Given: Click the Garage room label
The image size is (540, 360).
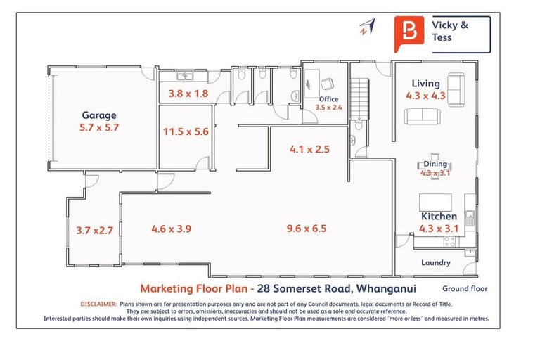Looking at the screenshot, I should pyautogui.click(x=99, y=115).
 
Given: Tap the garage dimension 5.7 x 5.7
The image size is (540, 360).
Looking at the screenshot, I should pyautogui.click(x=99, y=129).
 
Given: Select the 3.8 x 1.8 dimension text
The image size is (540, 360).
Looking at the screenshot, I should pyautogui.click(x=188, y=93).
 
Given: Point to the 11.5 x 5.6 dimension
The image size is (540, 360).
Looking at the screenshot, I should pyautogui.click(x=186, y=131).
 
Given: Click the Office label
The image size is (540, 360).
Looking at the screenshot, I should pyautogui.click(x=328, y=99).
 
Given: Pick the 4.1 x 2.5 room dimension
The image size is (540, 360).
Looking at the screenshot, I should pyautogui.click(x=309, y=149).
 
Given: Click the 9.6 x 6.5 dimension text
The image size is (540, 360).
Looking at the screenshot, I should pyautogui.click(x=306, y=228).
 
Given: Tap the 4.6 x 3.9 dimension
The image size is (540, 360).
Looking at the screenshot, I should pyautogui.click(x=172, y=228).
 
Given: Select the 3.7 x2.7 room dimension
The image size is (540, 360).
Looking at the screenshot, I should pyautogui.click(x=94, y=229).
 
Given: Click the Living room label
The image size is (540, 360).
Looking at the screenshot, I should pyautogui.click(x=426, y=84).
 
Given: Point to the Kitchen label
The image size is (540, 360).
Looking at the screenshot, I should pyautogui.click(x=439, y=216).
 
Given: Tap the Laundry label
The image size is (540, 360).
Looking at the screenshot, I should pyautogui.click(x=435, y=263).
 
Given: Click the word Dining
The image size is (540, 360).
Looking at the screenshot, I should pyautogui.click(x=435, y=164).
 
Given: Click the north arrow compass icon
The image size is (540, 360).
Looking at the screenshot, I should pyautogui.click(x=366, y=26).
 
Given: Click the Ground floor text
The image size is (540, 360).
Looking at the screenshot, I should pyautogui.click(x=465, y=288).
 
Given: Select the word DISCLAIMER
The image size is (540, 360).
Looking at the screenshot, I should pyautogui.click(x=98, y=304).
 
